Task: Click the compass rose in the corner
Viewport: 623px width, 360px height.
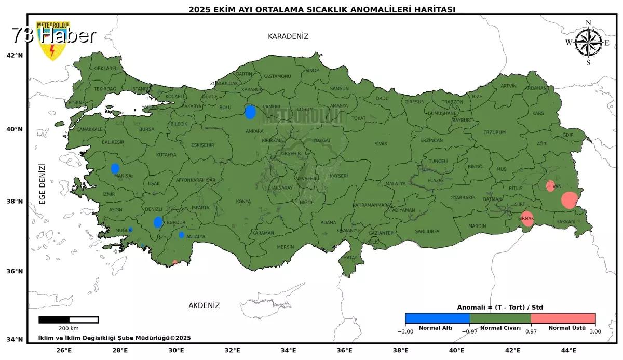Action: tap(588, 43)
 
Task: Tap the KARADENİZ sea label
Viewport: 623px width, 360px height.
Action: tap(288, 36)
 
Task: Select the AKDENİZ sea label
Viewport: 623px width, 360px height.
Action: tap(204, 305)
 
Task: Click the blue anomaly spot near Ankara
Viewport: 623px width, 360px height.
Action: tap(250, 112)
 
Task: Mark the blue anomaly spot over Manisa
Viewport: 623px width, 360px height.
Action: tap(115, 168)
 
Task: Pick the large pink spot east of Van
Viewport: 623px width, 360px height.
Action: tap(570, 200)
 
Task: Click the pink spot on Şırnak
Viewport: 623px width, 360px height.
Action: tap(527, 219)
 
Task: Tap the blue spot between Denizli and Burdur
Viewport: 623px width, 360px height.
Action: tap(158, 222)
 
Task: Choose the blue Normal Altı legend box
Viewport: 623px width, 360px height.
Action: tap(437, 318)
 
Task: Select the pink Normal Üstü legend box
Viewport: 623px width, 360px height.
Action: tap(563, 318)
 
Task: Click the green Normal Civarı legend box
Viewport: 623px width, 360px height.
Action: tap(500, 318)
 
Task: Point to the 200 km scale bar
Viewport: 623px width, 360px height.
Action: tap(69, 319)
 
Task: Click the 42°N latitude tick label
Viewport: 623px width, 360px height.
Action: tap(15, 56)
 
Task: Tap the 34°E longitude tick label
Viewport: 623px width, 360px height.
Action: tap(288, 350)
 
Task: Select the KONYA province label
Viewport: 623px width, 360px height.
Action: tap(243, 202)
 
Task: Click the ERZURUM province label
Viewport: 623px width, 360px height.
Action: tap(494, 132)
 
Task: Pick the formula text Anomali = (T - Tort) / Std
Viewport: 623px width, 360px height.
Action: tap(500, 308)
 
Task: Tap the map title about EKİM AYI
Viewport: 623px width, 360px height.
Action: tap(322, 9)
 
